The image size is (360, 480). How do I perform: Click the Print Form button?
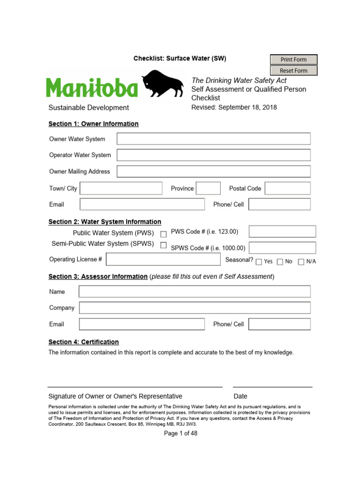point(294,60)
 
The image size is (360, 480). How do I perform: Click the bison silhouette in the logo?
point(163,84)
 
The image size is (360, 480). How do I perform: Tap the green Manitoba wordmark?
point(92,88)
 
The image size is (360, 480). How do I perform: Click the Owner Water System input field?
point(213,139)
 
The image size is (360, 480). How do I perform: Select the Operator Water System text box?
point(213,155)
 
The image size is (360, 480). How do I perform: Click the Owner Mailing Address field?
point(213,172)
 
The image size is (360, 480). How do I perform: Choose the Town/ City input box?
point(121,188)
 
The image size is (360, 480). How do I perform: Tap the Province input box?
point(208,188)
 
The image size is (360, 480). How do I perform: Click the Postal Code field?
point(287,188)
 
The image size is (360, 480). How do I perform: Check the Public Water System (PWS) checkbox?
point(164,234)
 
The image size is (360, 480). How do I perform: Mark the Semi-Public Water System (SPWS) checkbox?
point(164,245)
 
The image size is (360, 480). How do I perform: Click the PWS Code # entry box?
point(282,232)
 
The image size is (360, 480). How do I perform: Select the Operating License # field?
point(163,259)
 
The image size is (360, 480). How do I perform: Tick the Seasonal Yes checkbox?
point(259,262)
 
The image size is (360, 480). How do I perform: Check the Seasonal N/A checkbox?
point(301,262)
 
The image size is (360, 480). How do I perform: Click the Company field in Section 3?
point(195,308)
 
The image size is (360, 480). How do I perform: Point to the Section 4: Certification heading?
point(83,342)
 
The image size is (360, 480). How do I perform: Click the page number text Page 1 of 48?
point(180,434)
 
